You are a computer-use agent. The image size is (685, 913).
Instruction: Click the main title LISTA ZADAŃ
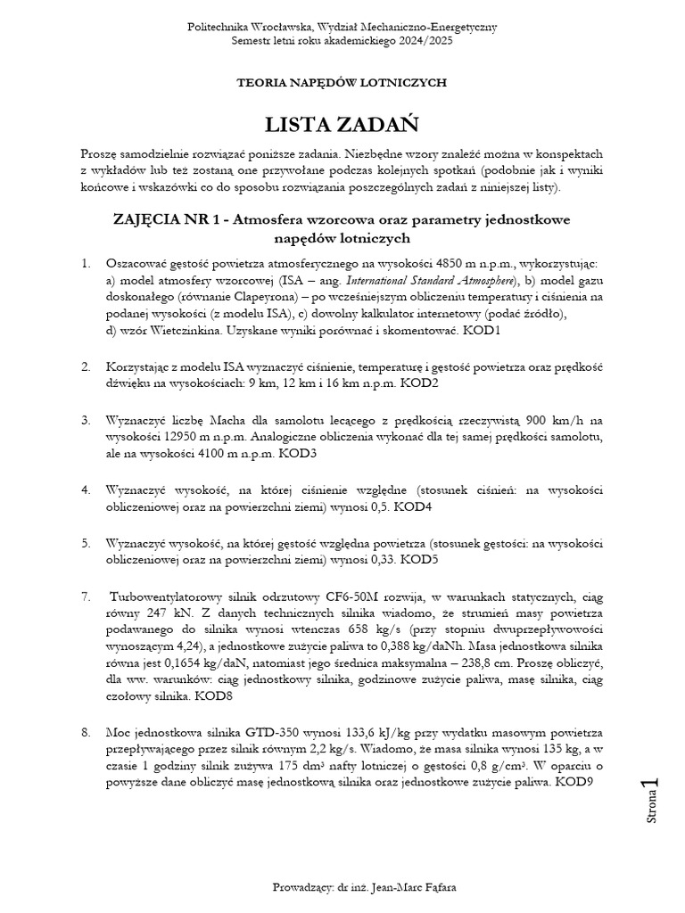pyautogui.click(x=342, y=121)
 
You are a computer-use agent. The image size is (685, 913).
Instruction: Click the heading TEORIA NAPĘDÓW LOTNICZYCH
pyautogui.click(x=342, y=82)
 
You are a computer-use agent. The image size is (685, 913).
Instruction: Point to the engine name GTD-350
pyautogui.click(x=263, y=732)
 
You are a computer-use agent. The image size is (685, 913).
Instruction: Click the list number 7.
pyautogui.click(x=86, y=596)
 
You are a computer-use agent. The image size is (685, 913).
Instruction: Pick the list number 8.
pyautogui.click(x=86, y=732)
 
